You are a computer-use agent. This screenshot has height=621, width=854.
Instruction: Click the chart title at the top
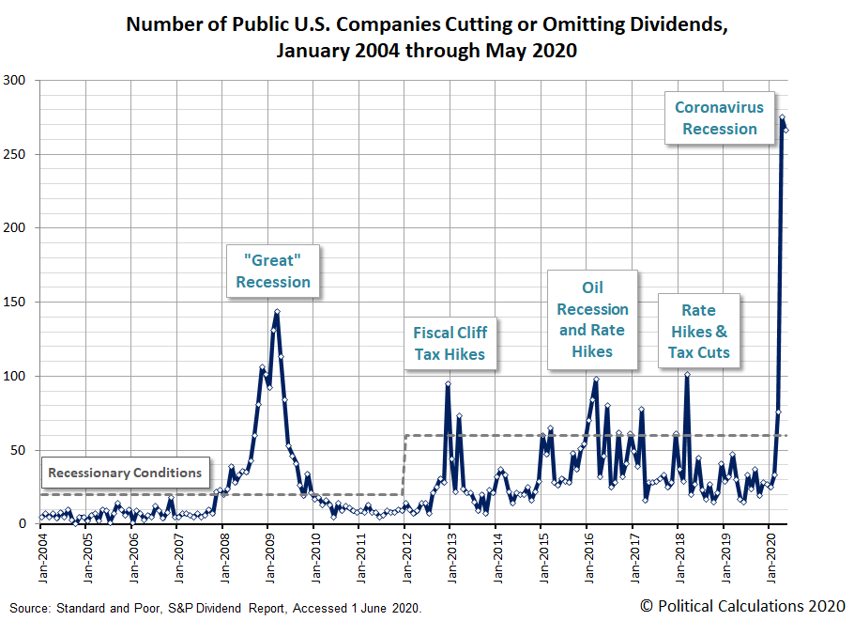point(426,37)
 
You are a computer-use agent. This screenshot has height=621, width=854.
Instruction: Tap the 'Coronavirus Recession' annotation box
point(719,118)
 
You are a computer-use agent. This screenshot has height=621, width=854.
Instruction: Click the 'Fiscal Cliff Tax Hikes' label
point(450,343)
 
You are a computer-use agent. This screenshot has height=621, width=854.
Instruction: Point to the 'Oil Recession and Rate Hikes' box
point(592,319)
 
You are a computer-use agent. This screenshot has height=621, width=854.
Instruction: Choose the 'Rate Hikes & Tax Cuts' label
point(698,331)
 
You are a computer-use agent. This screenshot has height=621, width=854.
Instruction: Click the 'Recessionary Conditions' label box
point(125,473)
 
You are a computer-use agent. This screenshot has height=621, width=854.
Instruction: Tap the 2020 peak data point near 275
point(783,117)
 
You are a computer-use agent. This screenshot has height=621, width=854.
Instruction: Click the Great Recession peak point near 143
point(277,312)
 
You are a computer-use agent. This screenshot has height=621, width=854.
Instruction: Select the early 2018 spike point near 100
point(687,375)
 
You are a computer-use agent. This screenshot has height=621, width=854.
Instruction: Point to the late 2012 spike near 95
point(448,383)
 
